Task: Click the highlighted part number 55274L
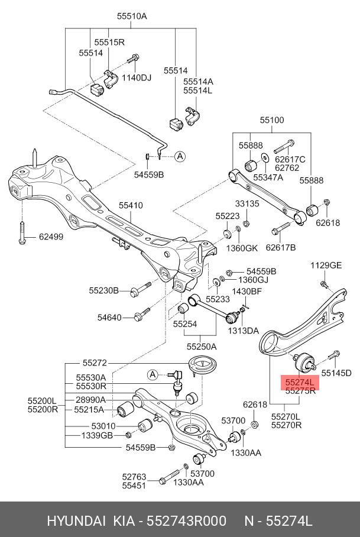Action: pyautogui.click(x=300, y=382)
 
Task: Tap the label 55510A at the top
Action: pyautogui.click(x=132, y=16)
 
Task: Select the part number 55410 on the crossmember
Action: pyautogui.click(x=131, y=205)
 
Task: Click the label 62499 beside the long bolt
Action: pyautogui.click(x=51, y=237)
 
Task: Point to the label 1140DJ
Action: pyautogui.click(x=137, y=77)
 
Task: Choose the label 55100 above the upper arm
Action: pyautogui.click(x=272, y=120)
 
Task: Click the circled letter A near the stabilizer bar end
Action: pyautogui.click(x=180, y=157)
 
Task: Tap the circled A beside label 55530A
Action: pyautogui.click(x=153, y=375)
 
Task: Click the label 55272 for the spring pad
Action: pyautogui.click(x=95, y=363)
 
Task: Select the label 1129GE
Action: pyautogui.click(x=326, y=266)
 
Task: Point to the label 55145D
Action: pyautogui.click(x=336, y=373)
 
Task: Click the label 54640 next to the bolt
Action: pyautogui.click(x=109, y=318)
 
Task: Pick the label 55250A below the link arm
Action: pyautogui.click(x=202, y=347)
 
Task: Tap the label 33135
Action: pyautogui.click(x=247, y=204)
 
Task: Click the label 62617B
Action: pyautogui.click(x=281, y=247)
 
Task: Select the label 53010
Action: pyautogui.click(x=103, y=426)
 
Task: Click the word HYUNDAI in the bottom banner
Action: pyautogui.click(x=76, y=521)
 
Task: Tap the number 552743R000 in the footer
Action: pyautogui.click(x=186, y=521)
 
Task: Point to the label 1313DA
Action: pyautogui.click(x=244, y=331)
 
